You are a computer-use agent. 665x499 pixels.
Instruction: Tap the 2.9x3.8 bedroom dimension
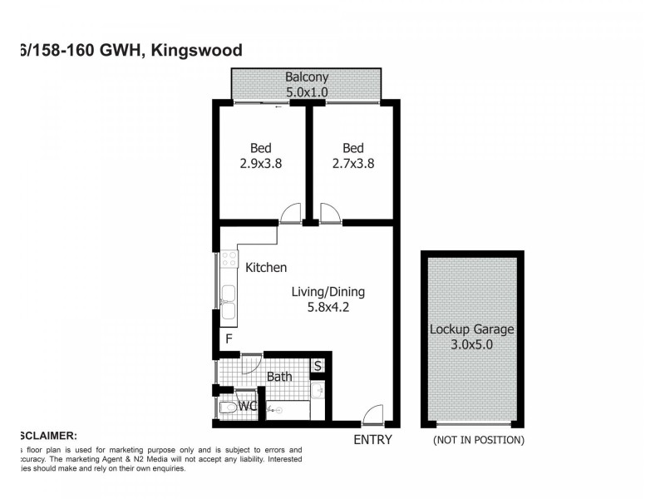260,164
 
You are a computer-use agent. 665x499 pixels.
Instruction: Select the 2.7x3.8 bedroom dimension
352,164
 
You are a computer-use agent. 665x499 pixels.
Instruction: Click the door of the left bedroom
290,215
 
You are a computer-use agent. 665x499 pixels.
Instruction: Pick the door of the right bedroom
329,215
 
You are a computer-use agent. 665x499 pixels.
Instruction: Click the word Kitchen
266,268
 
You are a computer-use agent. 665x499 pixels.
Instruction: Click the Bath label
279,377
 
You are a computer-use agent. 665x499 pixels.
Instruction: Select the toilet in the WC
229,408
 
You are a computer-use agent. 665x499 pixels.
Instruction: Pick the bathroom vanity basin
317,391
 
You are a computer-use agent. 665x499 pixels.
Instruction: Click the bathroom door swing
251,363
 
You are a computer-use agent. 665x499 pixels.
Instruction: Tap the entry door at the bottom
373,414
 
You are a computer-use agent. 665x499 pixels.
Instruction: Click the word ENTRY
372,439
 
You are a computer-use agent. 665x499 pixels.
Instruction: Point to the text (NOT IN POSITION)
478,439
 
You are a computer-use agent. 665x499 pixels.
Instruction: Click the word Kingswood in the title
203,50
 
